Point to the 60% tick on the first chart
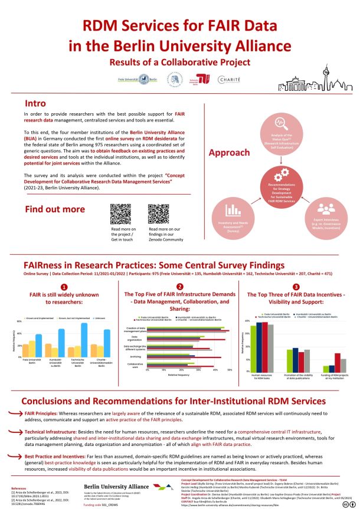tap(19, 321)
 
